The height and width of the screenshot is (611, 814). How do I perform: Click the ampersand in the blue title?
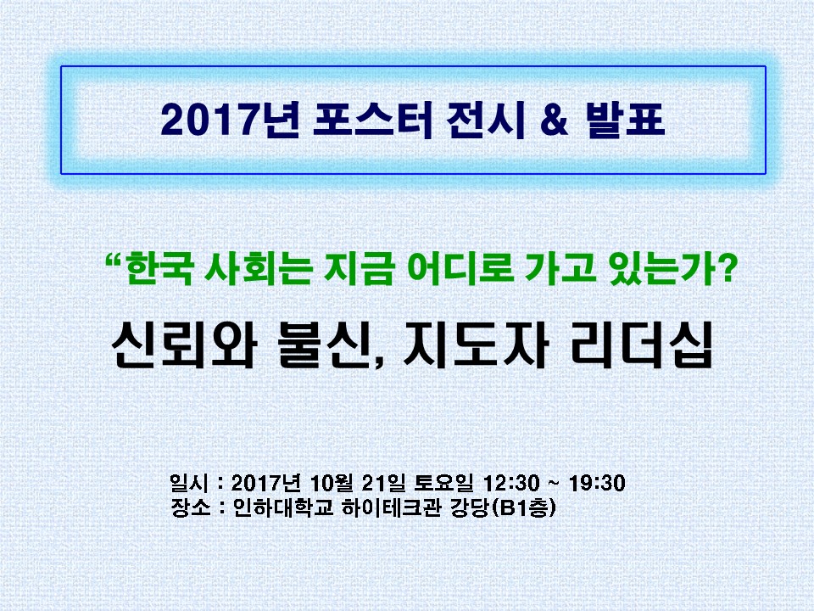pyautogui.click(x=555, y=119)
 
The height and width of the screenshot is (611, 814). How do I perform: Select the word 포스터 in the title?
pyautogui.click(x=373, y=120)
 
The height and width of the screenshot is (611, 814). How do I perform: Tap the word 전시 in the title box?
pyautogui.click(x=486, y=120)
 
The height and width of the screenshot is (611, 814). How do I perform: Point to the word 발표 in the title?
pyautogui.click(x=625, y=120)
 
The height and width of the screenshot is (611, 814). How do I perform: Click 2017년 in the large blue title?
pyautogui.click(x=230, y=120)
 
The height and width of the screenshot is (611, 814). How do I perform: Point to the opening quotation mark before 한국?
pyautogui.click(x=114, y=259)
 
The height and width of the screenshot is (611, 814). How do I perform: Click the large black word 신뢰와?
pyautogui.click(x=184, y=345)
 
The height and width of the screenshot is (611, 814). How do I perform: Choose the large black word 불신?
pyautogui.click(x=329, y=345)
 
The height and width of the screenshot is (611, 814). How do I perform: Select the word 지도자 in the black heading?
pyautogui.click(x=476, y=345)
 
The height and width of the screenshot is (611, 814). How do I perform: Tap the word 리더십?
pyautogui.click(x=641, y=345)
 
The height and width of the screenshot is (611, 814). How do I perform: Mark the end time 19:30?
pyautogui.click(x=597, y=483)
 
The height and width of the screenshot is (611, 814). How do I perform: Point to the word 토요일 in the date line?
pyautogui.click(x=443, y=483)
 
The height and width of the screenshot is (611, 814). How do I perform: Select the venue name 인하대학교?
pyautogui.click(x=283, y=507)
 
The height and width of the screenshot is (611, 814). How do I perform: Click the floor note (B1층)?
pyautogui.click(x=523, y=507)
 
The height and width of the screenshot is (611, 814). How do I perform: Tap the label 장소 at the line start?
pyautogui.click(x=191, y=507)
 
